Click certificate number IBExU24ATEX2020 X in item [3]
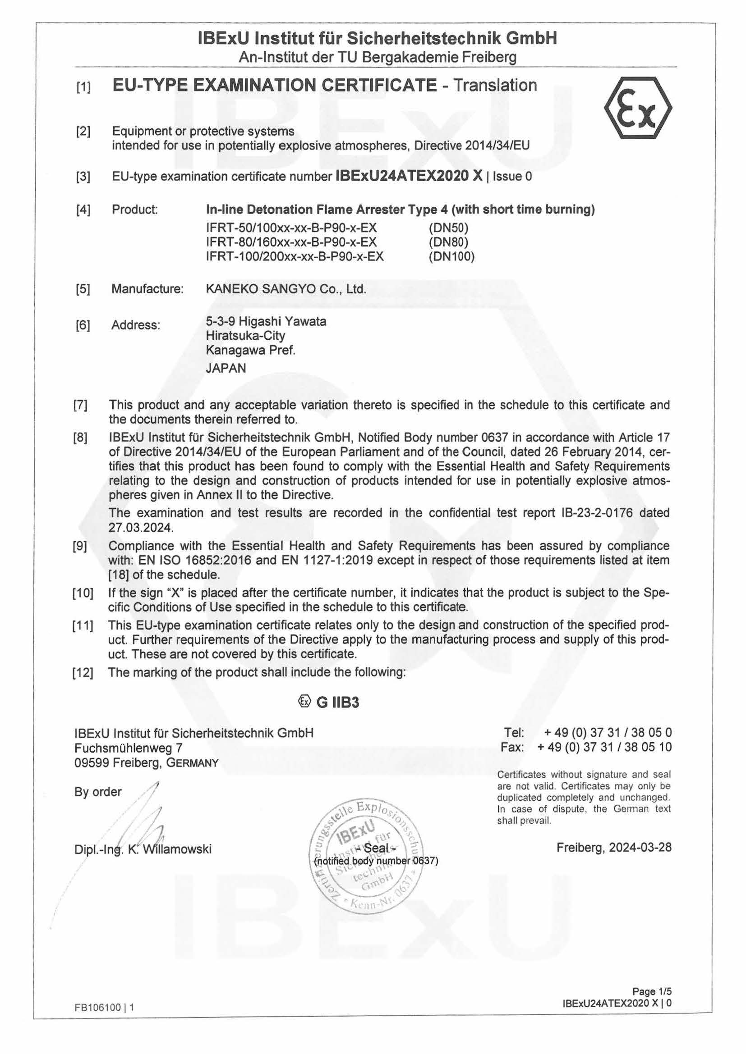(410, 176)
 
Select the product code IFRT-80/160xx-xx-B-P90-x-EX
(292, 242)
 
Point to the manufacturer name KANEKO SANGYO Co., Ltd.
(286, 289)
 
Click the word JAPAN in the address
(226, 368)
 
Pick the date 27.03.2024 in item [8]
(141, 528)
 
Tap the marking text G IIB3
(338, 703)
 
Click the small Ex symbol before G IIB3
(304, 702)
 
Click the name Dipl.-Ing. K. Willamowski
(143, 849)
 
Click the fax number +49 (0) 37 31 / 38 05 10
(604, 747)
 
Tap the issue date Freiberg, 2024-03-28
(614, 847)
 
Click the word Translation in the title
(495, 85)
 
